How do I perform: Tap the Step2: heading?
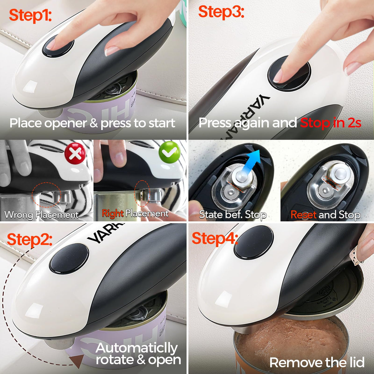(x=30, y=240)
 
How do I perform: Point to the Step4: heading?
(x=215, y=239)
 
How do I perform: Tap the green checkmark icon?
(x=170, y=152)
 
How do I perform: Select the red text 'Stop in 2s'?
(x=331, y=123)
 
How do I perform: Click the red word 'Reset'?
(x=304, y=215)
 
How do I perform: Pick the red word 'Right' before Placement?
(x=113, y=213)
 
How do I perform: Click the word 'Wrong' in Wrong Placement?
(x=19, y=215)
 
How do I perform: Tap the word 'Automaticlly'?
(x=137, y=348)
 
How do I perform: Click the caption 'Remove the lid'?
(x=317, y=362)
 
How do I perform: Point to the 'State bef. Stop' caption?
(x=233, y=215)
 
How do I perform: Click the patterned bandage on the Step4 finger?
(x=356, y=259)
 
